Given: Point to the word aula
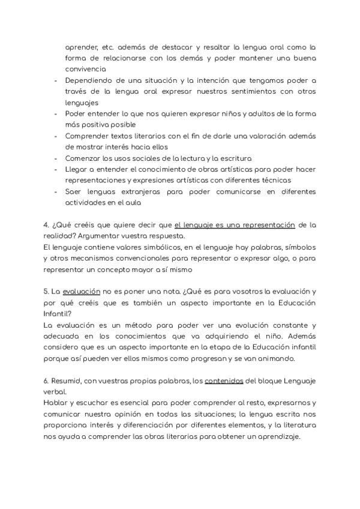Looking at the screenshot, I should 134,202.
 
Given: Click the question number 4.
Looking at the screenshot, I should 46,225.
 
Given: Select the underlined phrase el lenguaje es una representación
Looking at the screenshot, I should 235,225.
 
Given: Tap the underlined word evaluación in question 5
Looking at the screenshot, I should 81,291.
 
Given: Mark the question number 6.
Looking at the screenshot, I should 46,381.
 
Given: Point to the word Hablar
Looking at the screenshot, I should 55,403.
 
